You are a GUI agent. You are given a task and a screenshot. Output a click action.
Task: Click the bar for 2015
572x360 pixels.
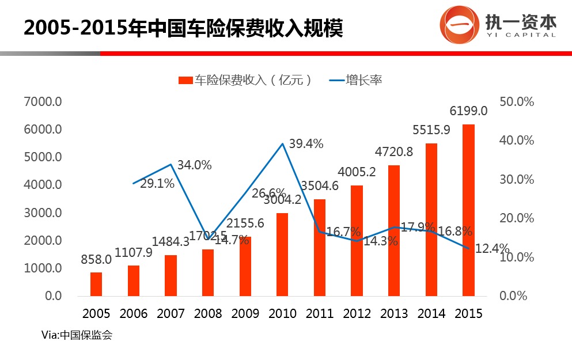pos(469,210)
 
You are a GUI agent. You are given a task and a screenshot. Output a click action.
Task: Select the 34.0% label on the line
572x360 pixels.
pos(194,165)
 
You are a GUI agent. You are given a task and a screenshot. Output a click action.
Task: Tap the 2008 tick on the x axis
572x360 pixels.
pos(209,314)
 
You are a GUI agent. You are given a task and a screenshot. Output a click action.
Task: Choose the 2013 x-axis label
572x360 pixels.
pos(394,314)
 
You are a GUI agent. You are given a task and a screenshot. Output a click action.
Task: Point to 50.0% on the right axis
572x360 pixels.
pos(517,102)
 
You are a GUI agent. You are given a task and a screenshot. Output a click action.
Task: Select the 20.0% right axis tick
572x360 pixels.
pos(517,218)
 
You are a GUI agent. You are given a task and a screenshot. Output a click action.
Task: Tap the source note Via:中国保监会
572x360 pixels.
pos(77,335)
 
